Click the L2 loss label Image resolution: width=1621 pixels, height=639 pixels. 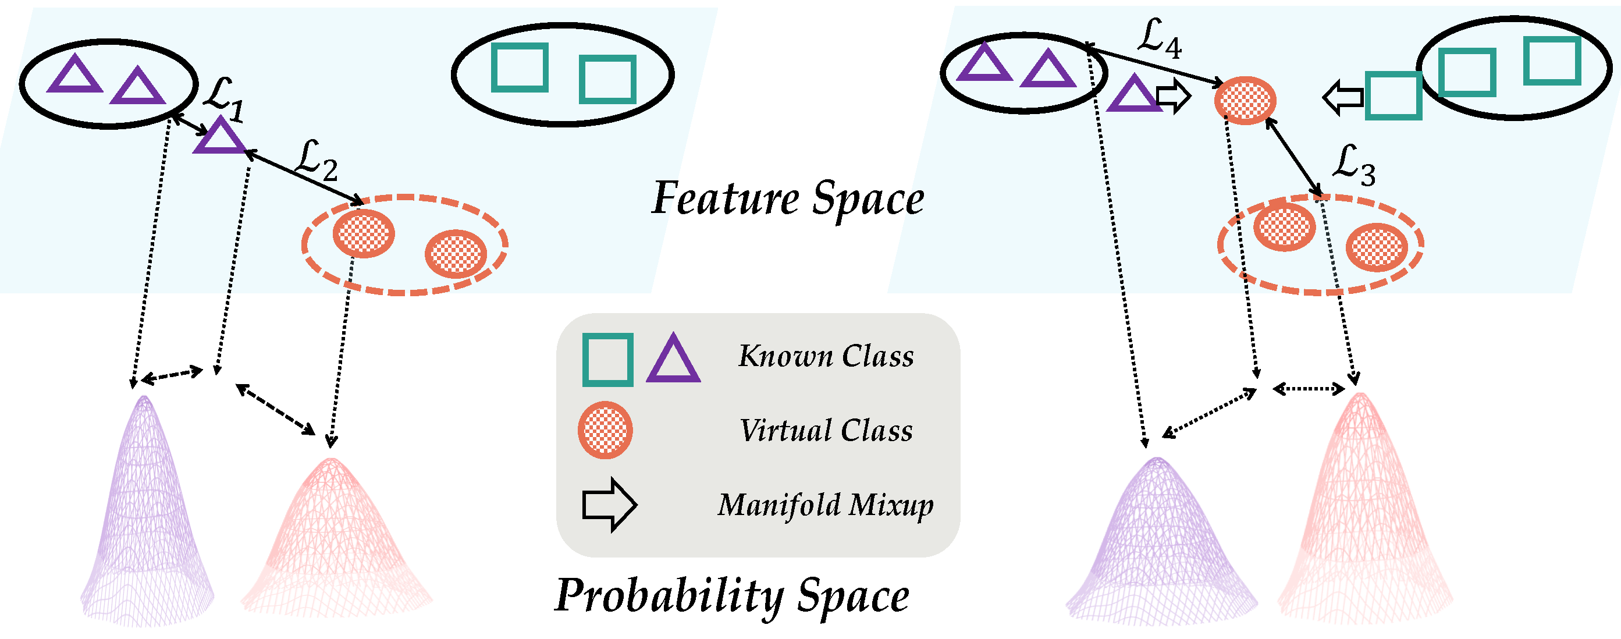point(317,161)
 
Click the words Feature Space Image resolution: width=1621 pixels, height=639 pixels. point(788,199)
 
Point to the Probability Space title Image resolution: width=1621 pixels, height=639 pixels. point(732,595)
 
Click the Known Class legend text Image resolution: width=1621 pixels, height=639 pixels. point(826,356)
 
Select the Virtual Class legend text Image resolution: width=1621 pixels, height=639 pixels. point(826,431)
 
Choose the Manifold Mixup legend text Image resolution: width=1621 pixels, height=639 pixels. point(826,506)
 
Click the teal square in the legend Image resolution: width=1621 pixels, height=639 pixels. point(608,360)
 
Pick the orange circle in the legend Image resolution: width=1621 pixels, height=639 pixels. point(605,430)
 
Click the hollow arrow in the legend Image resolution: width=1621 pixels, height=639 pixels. point(609,505)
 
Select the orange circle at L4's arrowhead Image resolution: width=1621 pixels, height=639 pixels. point(1245,100)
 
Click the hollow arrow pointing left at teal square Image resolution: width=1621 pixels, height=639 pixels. point(1343,98)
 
